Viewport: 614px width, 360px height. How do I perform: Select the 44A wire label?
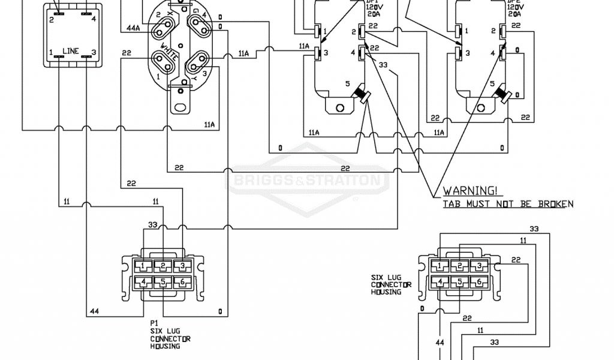[x=133, y=28]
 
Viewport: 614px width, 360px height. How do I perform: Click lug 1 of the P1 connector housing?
[x=144, y=265]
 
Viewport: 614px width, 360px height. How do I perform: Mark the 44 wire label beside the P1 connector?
[x=94, y=311]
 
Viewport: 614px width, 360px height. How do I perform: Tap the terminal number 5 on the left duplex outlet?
[x=348, y=84]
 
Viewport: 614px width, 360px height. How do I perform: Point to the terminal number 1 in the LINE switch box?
[x=51, y=52]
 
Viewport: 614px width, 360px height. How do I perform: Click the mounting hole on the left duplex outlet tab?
[x=340, y=109]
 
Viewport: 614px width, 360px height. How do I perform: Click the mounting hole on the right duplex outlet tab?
[x=481, y=109]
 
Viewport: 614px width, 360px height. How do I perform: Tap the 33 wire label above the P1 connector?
[x=153, y=225]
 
